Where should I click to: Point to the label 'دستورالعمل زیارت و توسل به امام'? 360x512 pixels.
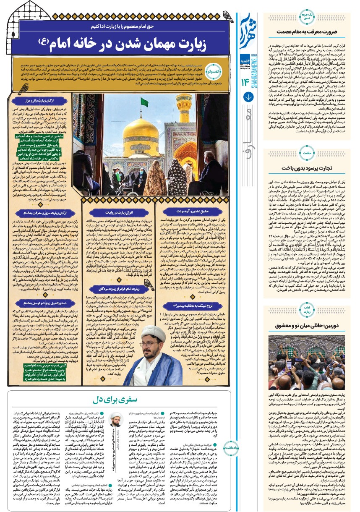pyautogui.click(x=41, y=290)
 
